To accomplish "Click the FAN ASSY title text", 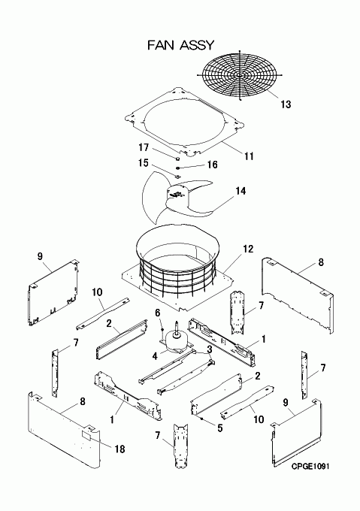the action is click(181, 45).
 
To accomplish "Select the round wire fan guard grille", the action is click(240, 74).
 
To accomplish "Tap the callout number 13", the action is click(286, 104).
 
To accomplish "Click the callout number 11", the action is click(249, 156).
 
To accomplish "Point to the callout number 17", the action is click(144, 148).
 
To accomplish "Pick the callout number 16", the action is click(212, 165).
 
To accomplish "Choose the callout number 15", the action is click(144, 163).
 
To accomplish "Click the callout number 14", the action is click(241, 191).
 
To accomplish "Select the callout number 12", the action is click(248, 249).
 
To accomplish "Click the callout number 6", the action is click(158, 313).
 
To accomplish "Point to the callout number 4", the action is click(155, 356).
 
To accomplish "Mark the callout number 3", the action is click(210, 349).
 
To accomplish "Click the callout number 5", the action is click(220, 428).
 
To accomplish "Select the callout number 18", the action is click(120, 449).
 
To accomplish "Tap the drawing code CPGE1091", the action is click(310, 467).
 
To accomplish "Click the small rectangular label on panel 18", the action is click(86, 435).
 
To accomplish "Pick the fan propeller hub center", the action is click(177, 195).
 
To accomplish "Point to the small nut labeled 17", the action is click(178, 159).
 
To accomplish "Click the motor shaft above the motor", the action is click(177, 327).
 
